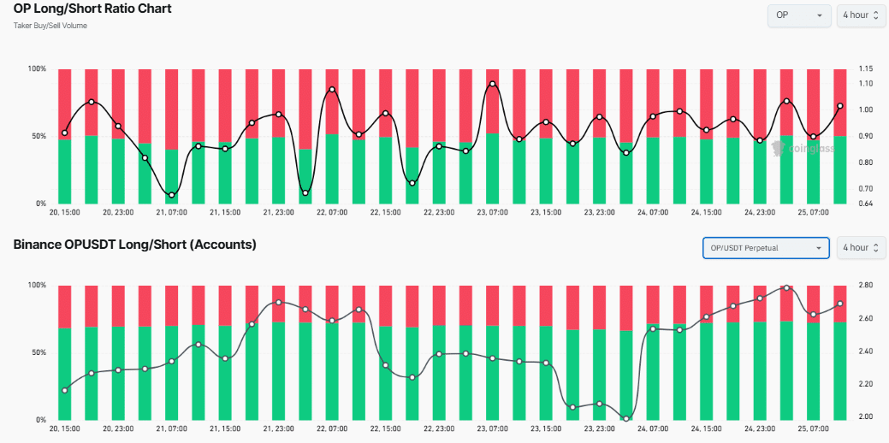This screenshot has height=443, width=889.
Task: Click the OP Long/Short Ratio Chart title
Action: coord(92,9)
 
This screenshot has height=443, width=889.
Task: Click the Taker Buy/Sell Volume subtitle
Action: coord(50,26)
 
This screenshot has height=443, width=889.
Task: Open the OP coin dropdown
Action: coord(799,15)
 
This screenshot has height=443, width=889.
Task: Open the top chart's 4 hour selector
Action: coord(861,15)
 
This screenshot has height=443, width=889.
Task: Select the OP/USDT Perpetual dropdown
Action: coord(765,248)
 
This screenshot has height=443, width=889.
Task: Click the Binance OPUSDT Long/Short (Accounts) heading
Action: coord(135,245)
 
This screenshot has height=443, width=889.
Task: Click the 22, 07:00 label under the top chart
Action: coord(332,212)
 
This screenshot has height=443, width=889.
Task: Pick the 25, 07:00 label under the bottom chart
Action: coord(814,428)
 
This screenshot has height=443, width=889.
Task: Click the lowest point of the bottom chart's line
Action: coord(626,419)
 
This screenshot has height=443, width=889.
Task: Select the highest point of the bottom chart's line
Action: coord(786,287)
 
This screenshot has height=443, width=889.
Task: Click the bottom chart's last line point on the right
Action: coord(840,304)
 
